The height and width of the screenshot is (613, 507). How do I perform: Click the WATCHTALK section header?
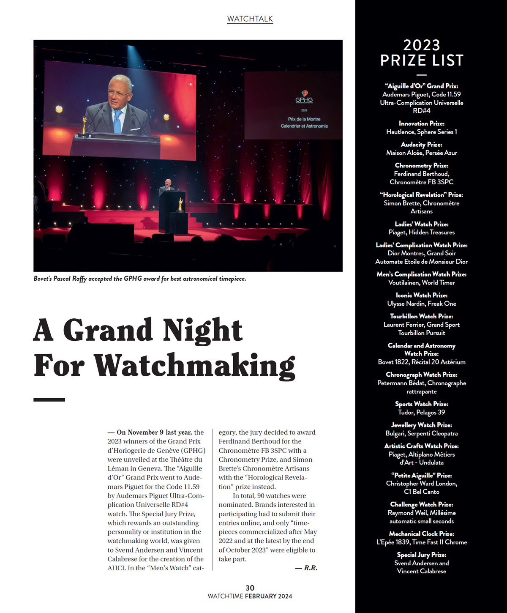[x=250, y=19]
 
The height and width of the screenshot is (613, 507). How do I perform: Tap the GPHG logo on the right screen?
[x=304, y=98]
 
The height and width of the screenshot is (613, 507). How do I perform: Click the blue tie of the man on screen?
[x=117, y=121]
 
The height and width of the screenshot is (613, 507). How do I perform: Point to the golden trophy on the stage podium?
[x=180, y=204]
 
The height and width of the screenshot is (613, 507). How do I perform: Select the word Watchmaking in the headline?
[x=194, y=366]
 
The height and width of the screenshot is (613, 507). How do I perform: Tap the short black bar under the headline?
[x=49, y=400]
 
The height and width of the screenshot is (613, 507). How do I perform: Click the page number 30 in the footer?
[x=250, y=588]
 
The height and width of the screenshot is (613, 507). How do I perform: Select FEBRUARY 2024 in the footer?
[x=269, y=596]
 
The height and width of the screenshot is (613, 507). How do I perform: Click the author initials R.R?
[x=310, y=568]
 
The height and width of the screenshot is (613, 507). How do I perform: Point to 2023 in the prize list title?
[x=422, y=45]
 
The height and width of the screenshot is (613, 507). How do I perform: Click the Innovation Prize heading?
[x=422, y=123]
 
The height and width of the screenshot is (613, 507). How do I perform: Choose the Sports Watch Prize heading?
[x=422, y=404]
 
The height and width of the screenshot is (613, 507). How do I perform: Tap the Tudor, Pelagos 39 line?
[x=422, y=412]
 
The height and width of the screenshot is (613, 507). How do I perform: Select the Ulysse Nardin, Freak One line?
[x=422, y=304]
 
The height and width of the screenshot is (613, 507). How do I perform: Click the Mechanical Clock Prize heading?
[x=422, y=534]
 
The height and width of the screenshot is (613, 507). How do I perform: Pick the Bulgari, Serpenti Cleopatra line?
[x=422, y=433]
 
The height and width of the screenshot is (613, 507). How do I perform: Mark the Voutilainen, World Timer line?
[x=422, y=282]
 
